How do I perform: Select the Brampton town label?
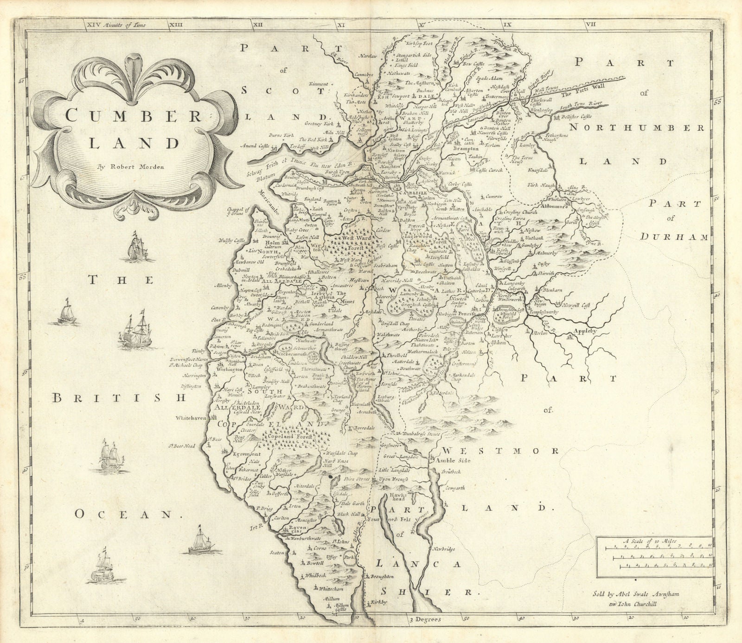(465, 149)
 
